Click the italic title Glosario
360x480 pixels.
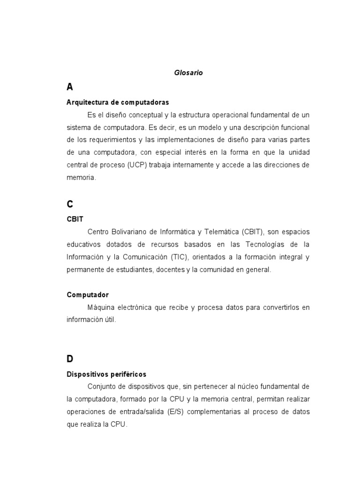click(x=188, y=73)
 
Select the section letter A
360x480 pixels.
click(x=70, y=87)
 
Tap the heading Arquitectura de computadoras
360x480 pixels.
click(x=118, y=102)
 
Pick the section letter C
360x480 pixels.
click(x=70, y=204)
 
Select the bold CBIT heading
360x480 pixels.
click(x=75, y=219)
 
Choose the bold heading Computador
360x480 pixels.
click(x=88, y=295)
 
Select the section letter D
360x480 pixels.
click(x=70, y=359)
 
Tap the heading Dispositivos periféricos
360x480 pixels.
click(x=106, y=374)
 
